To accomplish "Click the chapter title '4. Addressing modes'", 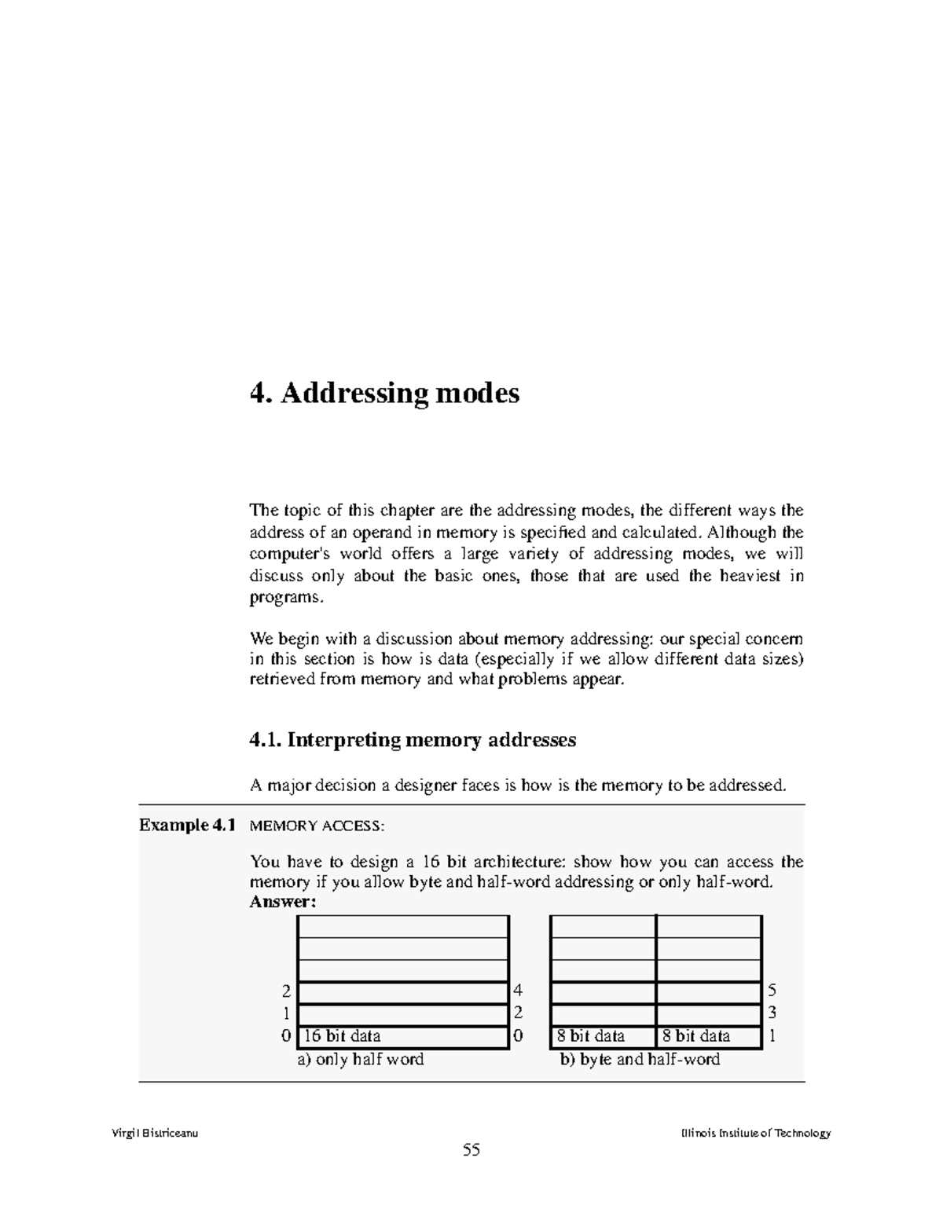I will tap(384, 393).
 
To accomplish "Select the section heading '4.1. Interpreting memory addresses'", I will tap(413, 740).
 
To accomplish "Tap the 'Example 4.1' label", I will tap(187, 825).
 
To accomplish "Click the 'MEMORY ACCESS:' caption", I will tap(317, 826).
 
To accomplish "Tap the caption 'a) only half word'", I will tap(360, 1060).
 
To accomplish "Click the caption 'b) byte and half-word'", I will tap(640, 1060).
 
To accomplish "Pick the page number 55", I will tap(472, 1150).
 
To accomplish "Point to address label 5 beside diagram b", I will tap(772, 991).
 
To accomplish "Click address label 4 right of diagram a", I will tap(518, 991).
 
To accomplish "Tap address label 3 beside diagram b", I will tap(772, 1013).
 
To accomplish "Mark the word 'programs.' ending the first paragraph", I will tap(286, 597).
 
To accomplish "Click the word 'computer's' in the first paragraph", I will tap(285, 555).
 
